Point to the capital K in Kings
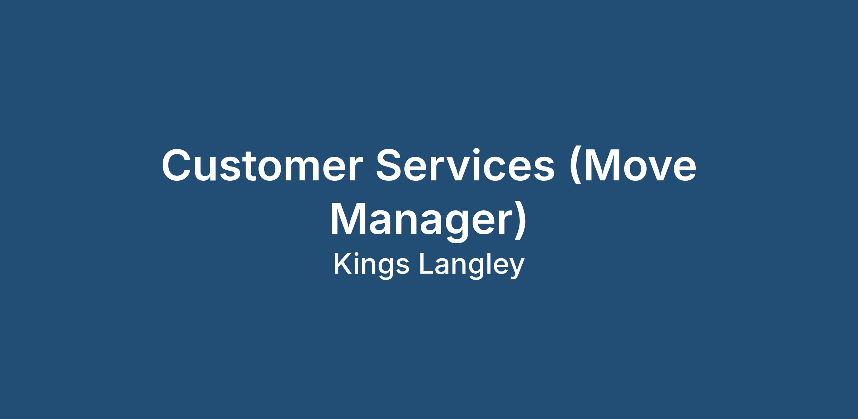tap(343, 264)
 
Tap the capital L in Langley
tap(426, 264)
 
